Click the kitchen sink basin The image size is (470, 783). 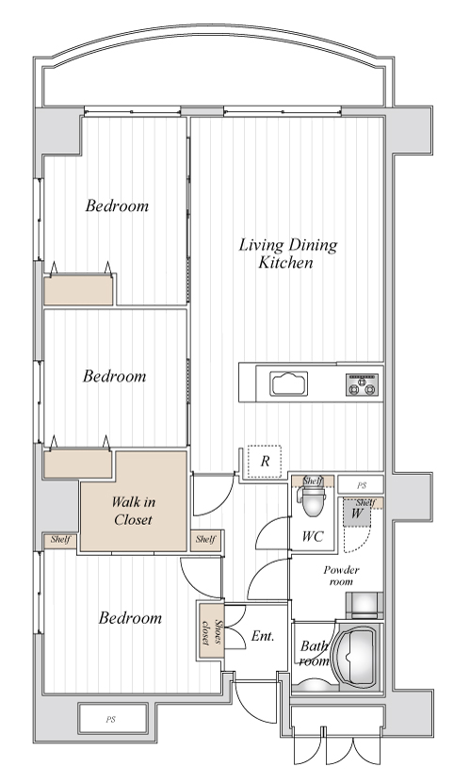pos(288,383)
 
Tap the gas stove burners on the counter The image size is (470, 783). pos(363,384)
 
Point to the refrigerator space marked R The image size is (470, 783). pos(265,462)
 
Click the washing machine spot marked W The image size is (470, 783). pos(357,513)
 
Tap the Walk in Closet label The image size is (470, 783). pos(133,511)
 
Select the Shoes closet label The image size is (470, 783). pos(211,632)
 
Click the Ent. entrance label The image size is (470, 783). pos(263,636)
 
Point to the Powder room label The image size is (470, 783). pos(341,576)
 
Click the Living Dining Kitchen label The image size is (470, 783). pos(287,253)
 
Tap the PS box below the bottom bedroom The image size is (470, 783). pos(113,719)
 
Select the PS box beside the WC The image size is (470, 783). pos(361,485)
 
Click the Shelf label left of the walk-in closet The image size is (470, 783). pos(60,540)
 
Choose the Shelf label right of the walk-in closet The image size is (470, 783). pos(205,539)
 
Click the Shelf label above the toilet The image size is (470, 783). pos(313,481)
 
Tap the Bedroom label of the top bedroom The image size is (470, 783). pos(117,205)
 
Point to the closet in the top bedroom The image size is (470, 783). pos(78,289)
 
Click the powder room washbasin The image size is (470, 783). pos(365,605)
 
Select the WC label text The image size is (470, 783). pos(313,536)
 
